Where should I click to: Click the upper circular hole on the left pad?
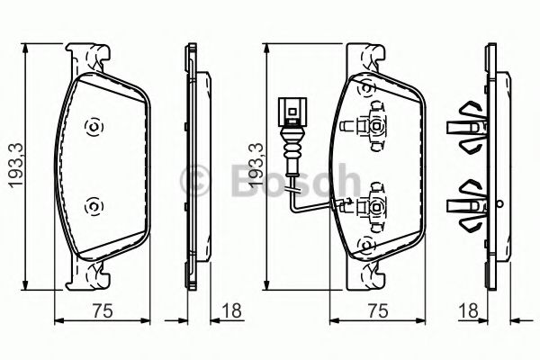[x=92, y=127]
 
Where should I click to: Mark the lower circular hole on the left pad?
[x=92, y=208]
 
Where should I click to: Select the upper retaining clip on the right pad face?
[x=371, y=124]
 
